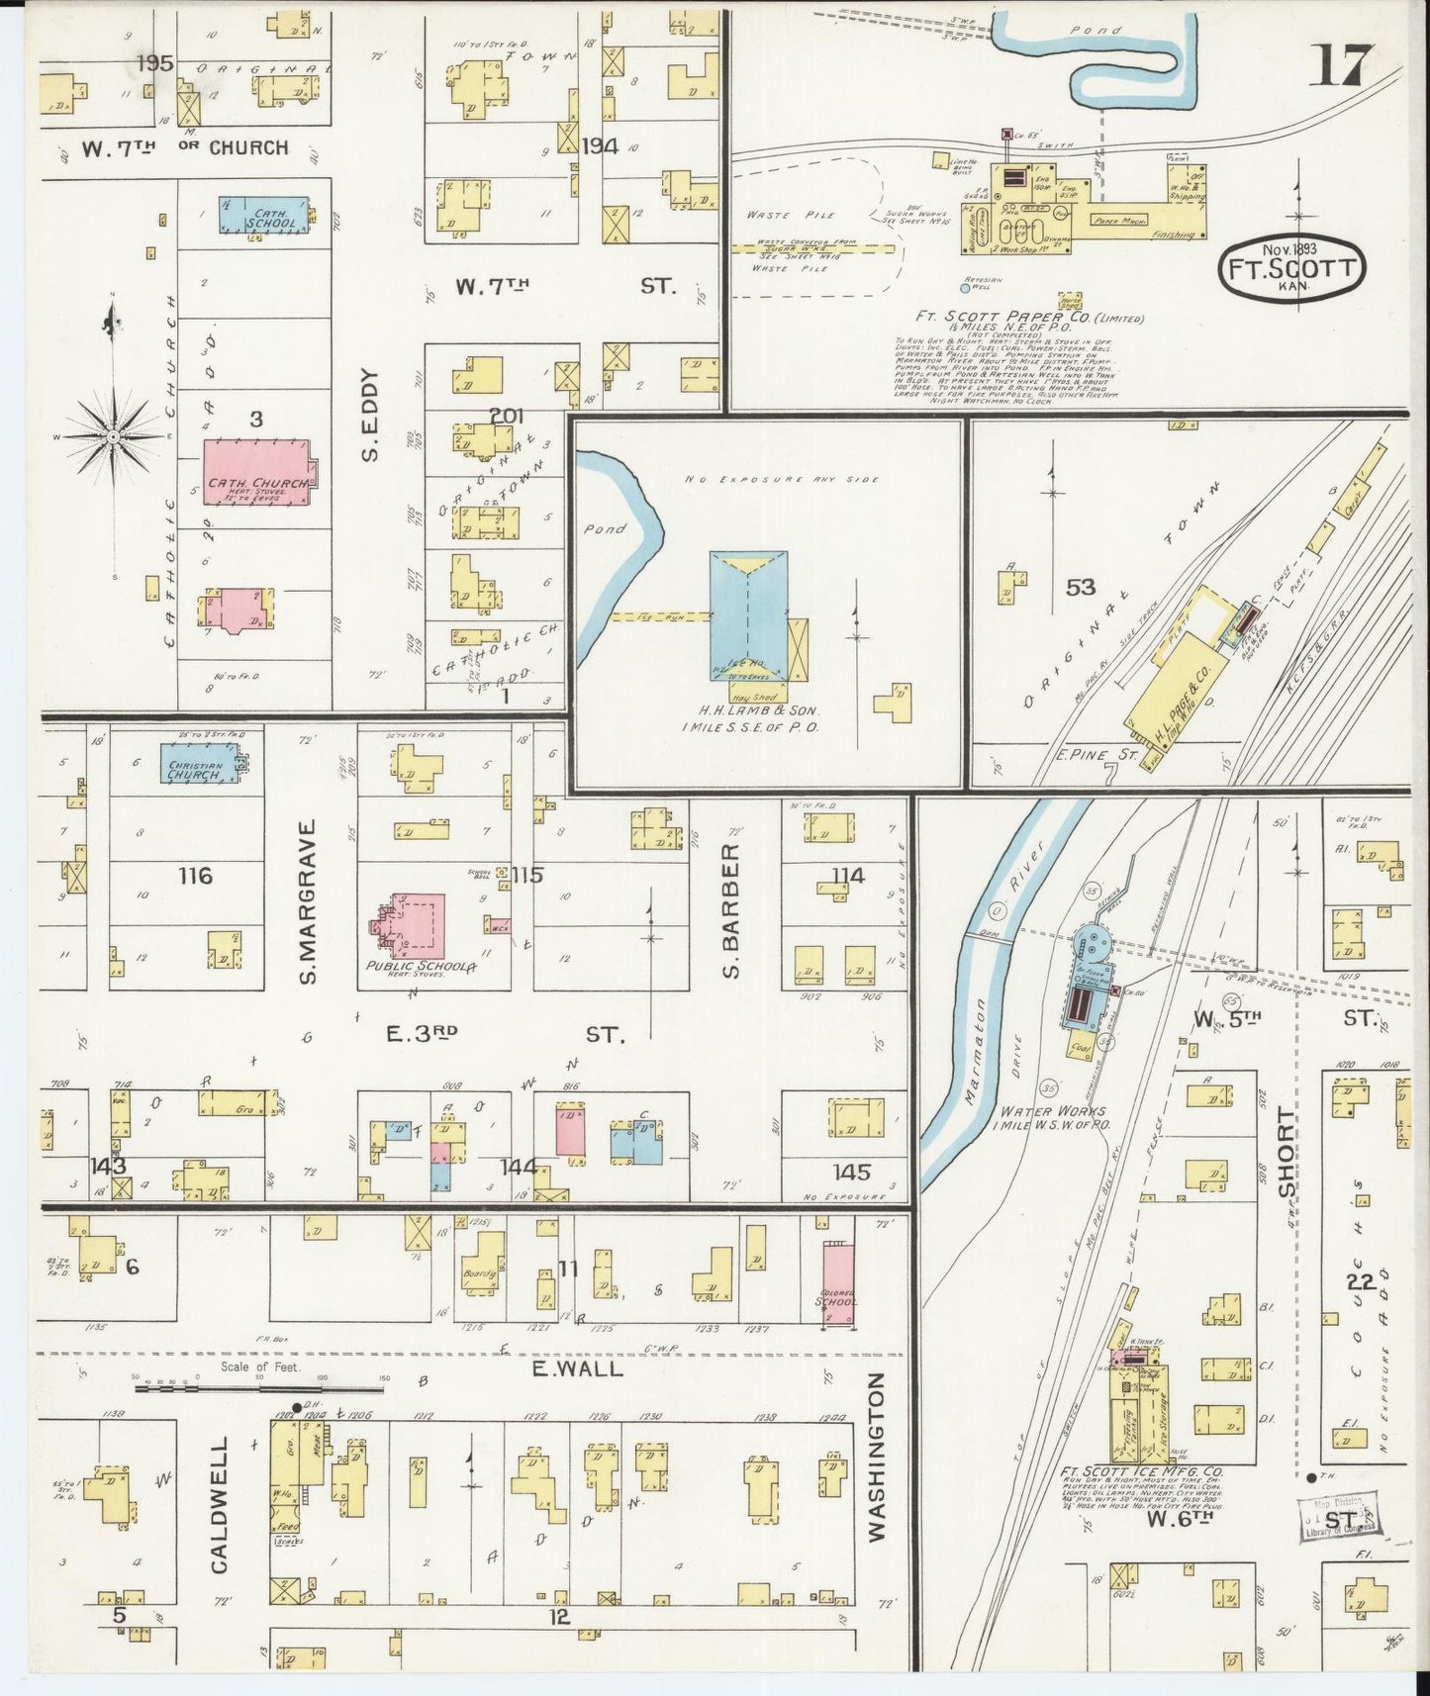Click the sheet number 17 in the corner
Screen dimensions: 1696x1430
coord(1341,65)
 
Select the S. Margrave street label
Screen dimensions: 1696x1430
coord(308,899)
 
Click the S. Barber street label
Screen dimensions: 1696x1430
coord(730,910)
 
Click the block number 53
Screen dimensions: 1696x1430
coord(1081,588)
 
